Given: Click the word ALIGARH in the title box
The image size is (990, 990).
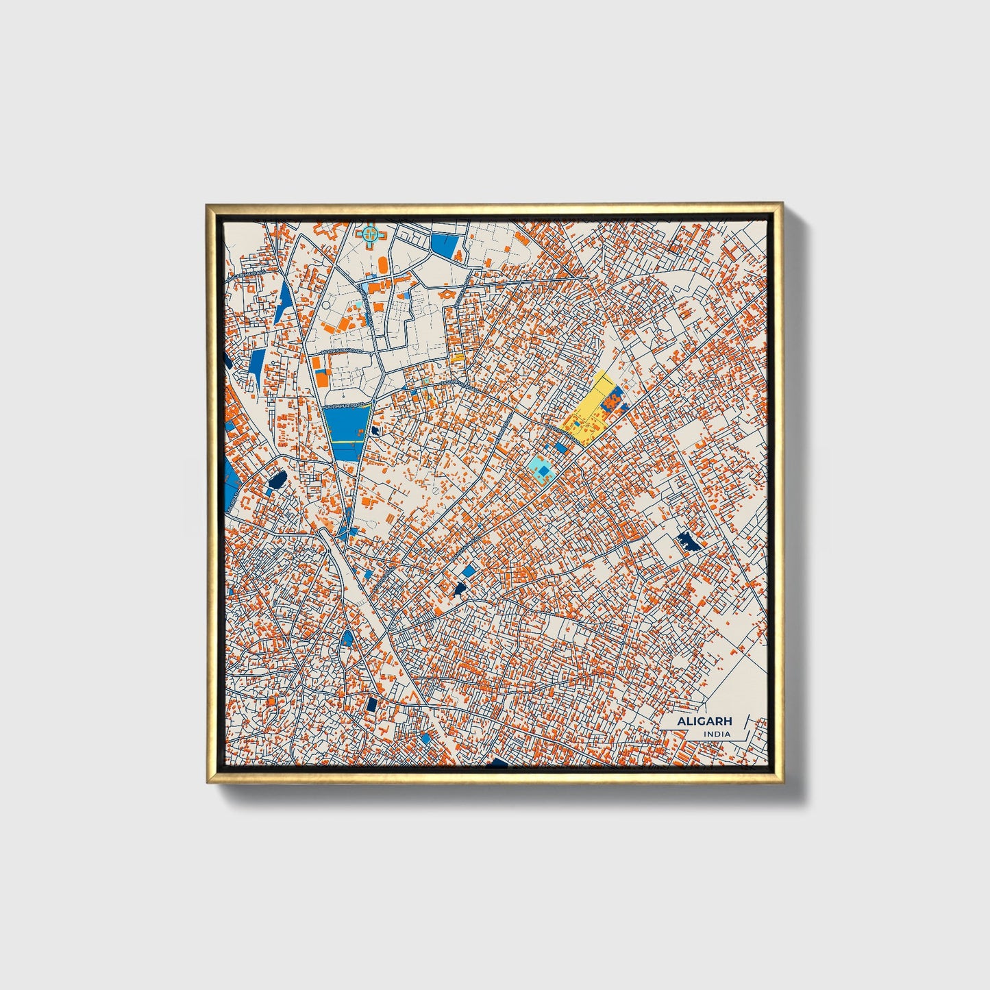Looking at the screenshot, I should [704, 721].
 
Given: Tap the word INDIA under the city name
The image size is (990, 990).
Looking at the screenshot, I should [716, 734].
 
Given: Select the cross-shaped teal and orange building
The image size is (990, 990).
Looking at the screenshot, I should [370, 235].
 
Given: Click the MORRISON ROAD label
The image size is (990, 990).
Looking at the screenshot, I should [341, 351].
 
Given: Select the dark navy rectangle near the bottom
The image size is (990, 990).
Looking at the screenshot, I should [372, 704].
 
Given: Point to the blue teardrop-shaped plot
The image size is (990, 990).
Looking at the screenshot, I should [347, 639].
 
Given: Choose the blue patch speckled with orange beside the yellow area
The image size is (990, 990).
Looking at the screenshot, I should [612, 399].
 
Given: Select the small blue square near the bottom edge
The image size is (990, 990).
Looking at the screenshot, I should [427, 737].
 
